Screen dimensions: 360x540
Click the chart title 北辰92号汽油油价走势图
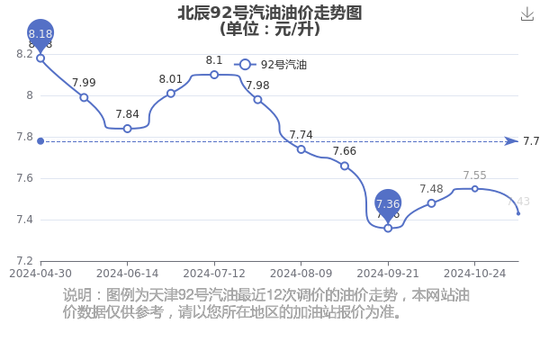coord(270,12)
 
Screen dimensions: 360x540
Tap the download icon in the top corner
coord(527,13)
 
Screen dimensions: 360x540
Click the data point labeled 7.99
coord(84,97)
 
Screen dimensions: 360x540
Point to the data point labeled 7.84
coord(127,128)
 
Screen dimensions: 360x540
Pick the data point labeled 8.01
coord(171,93)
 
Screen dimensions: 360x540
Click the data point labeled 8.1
coord(214,75)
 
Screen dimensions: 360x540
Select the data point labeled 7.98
coord(257,99)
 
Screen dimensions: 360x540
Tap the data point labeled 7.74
coord(301,148)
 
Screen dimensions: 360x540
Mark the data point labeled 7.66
coord(344,166)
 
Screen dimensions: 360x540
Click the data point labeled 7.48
coord(431,202)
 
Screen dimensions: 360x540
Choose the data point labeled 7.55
coord(474,188)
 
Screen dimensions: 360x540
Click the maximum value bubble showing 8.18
coord(40,34)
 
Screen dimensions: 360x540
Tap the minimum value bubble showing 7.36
coord(388,204)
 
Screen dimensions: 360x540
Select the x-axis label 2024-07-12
coord(214,272)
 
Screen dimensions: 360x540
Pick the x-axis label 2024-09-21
coord(388,272)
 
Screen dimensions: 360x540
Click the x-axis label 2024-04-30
coord(40,272)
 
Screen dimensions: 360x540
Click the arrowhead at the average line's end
coord(511,141)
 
